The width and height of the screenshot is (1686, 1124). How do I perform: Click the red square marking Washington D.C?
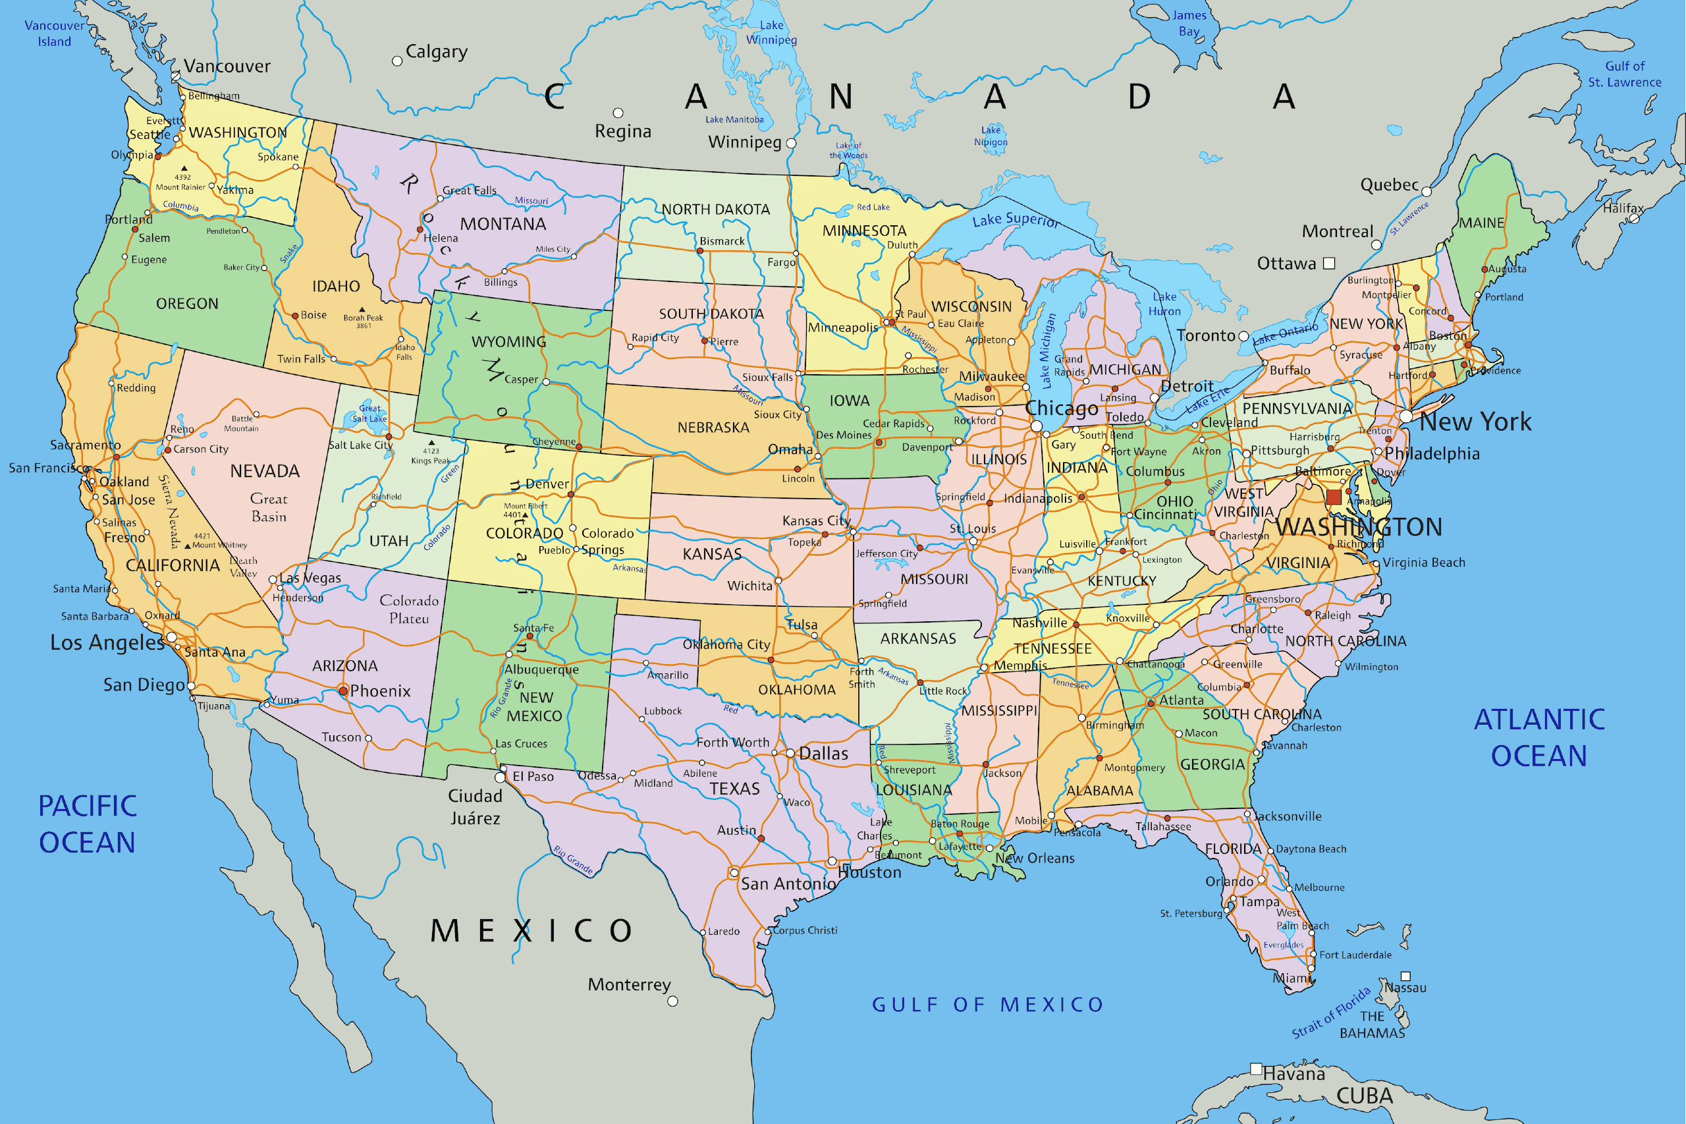[x=1334, y=497]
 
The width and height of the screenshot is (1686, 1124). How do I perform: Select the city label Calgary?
[x=437, y=51]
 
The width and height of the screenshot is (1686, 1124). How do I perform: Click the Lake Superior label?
[x=1016, y=220]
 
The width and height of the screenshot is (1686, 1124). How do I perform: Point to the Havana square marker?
[x=1256, y=1069]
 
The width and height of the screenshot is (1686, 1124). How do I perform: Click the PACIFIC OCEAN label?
[x=88, y=824]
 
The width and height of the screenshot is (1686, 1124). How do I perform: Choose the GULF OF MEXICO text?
[x=987, y=1005]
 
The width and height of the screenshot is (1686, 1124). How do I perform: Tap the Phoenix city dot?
[x=343, y=691]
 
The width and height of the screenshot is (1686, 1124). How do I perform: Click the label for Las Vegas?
[x=310, y=578]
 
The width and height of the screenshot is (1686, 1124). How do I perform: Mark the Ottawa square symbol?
[x=1329, y=263]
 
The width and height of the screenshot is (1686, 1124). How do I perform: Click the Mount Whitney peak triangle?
[x=188, y=546]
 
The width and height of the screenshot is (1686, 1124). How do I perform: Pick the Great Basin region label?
[x=269, y=507]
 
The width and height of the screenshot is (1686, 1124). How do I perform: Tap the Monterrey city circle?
[x=672, y=1001]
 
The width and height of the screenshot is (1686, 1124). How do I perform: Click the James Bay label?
[x=1189, y=23]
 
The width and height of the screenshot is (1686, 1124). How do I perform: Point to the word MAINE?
[x=1482, y=223]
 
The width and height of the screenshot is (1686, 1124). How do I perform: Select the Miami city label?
[x=1292, y=978]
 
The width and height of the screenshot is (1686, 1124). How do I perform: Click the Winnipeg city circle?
[x=791, y=144]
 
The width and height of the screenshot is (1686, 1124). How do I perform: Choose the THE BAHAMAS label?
[x=1372, y=1025]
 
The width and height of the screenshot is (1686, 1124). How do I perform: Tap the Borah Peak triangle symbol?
[x=361, y=309]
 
